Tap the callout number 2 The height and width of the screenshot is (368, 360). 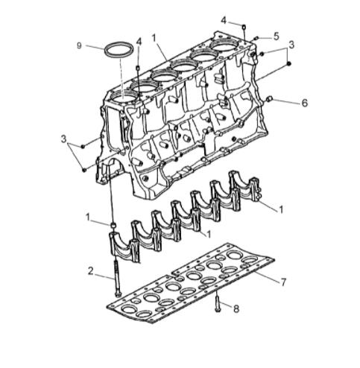pyautogui.click(x=90, y=271)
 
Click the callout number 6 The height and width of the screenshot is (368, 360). pyautogui.click(x=304, y=104)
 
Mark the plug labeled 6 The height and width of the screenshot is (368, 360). pyautogui.click(x=270, y=99)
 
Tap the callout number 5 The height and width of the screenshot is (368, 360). pyautogui.click(x=276, y=35)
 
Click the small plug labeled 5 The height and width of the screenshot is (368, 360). pyautogui.click(x=256, y=37)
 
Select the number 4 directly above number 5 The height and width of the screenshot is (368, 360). pyautogui.click(x=223, y=19)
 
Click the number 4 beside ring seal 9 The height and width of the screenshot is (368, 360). pyautogui.click(x=139, y=40)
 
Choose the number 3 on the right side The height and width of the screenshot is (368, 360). pyautogui.click(x=291, y=45)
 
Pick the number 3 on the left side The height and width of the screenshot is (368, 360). pyautogui.click(x=64, y=139)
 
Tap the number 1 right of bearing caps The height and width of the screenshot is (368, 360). pyautogui.click(x=281, y=210)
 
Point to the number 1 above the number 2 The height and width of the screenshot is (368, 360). pyautogui.click(x=87, y=218)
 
